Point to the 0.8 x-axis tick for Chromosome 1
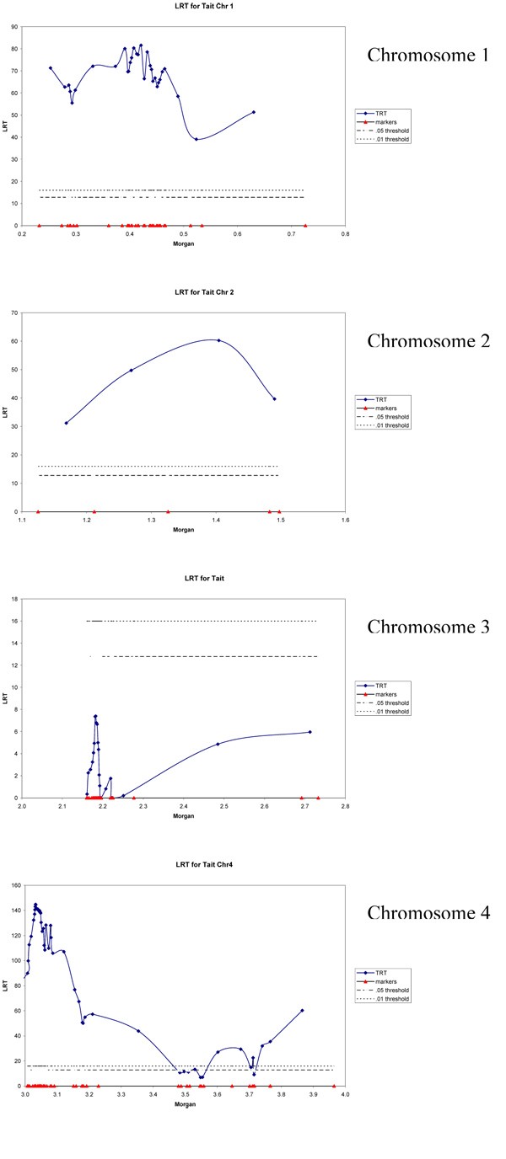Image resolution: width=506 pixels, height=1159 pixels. tap(345, 236)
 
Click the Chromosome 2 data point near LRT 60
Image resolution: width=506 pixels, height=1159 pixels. tap(218, 340)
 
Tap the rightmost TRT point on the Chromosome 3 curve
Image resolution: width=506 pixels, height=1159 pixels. tap(310, 732)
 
